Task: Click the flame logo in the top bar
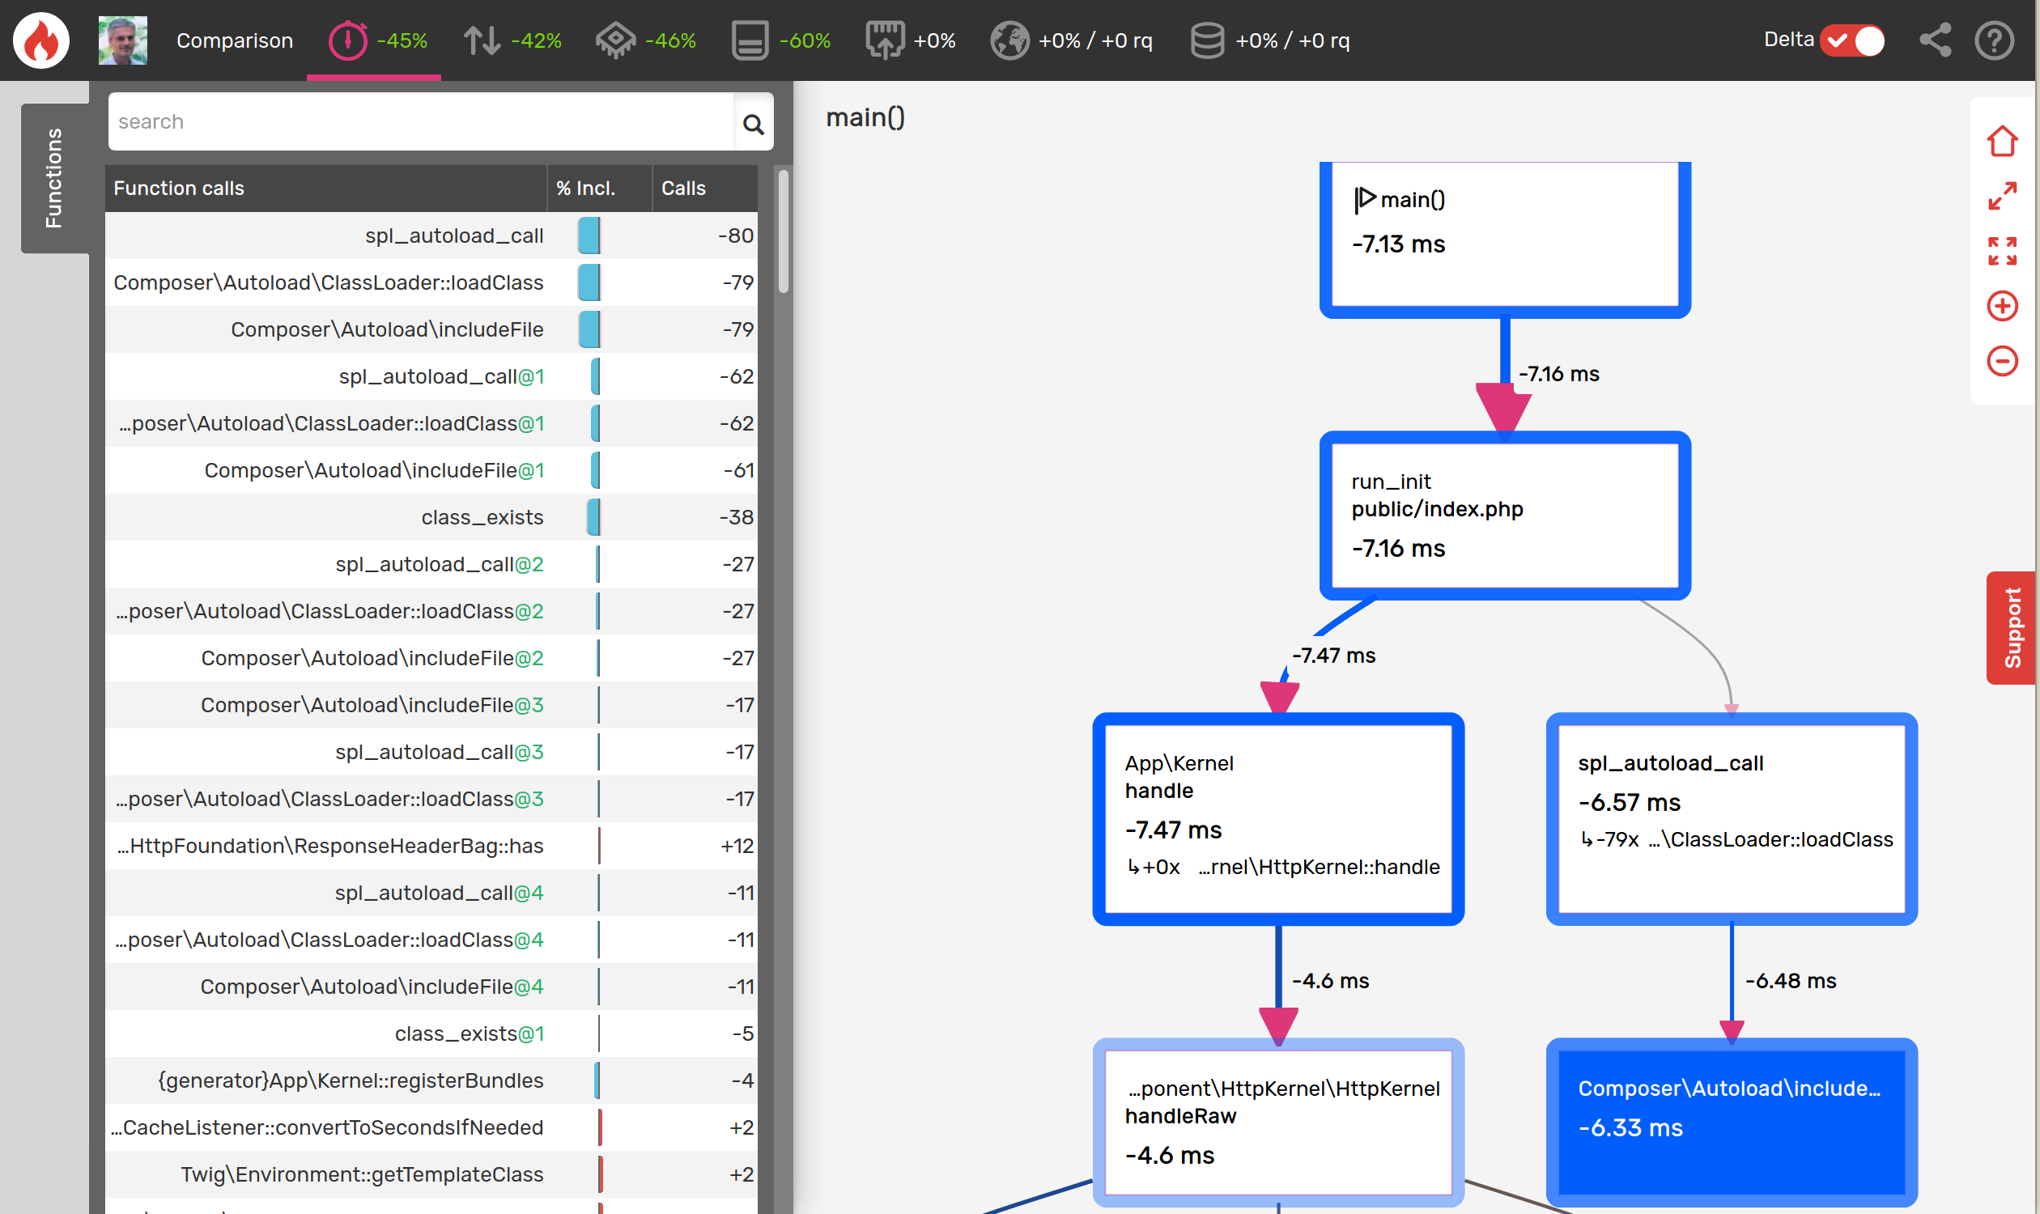(x=41, y=40)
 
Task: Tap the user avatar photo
(x=123, y=40)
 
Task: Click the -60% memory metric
(x=780, y=40)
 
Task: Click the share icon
(x=1935, y=40)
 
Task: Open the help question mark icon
(x=1993, y=40)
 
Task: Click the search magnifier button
(x=753, y=124)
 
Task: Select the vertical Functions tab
(x=54, y=177)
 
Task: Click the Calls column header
(x=683, y=188)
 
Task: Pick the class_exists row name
(x=482, y=517)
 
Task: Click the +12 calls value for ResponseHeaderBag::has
(x=737, y=846)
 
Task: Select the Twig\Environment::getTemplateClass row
(x=362, y=1174)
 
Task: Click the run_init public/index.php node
(x=1504, y=516)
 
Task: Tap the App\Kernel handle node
(x=1277, y=818)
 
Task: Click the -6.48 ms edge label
(x=1790, y=981)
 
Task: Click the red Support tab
(x=2011, y=627)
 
